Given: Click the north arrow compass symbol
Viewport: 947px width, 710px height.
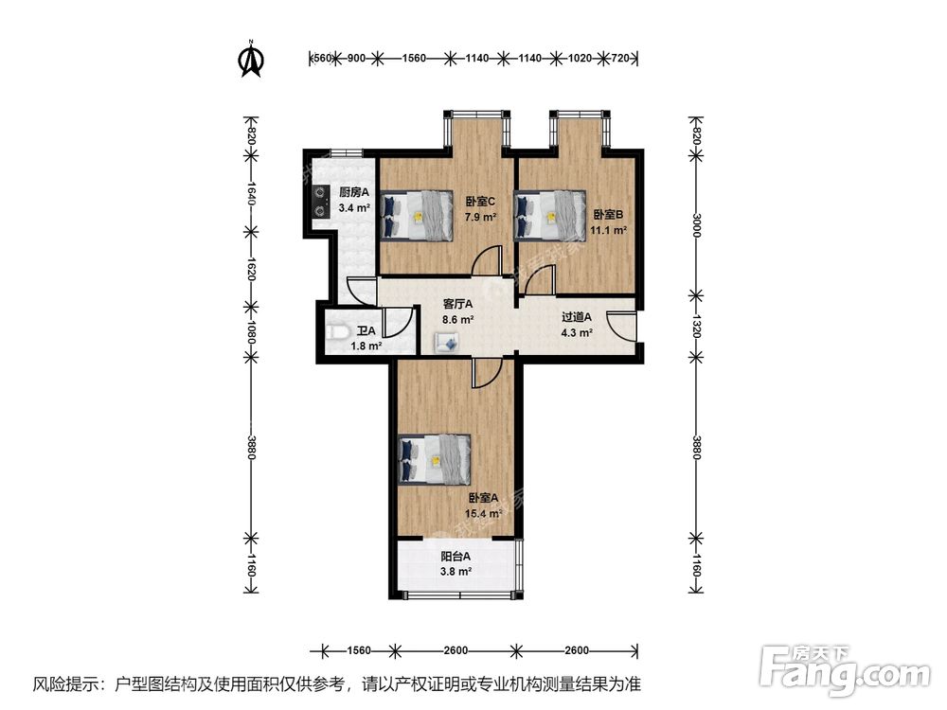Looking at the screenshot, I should click(x=251, y=58).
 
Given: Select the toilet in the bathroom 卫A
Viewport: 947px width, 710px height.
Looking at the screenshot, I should click(x=336, y=332).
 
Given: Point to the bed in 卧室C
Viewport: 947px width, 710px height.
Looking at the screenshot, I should click(x=417, y=215).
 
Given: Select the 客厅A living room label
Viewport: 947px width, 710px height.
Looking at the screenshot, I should click(x=458, y=305).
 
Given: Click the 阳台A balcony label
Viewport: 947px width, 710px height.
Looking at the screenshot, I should click(x=456, y=557).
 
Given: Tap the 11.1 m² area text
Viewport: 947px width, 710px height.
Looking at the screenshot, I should click(x=608, y=229).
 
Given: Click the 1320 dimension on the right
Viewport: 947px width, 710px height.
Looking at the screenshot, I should click(x=696, y=327).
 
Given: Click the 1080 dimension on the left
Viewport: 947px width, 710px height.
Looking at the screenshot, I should click(x=251, y=332).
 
